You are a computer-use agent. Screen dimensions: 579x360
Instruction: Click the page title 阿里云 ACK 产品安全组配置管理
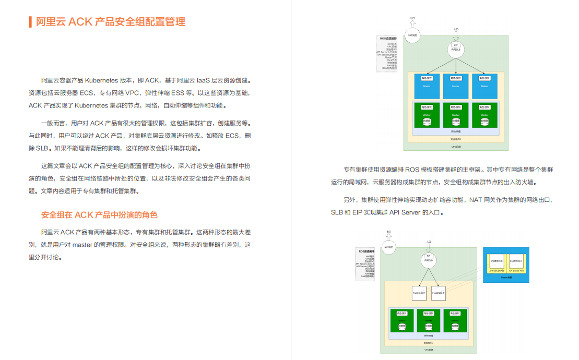pos(110,22)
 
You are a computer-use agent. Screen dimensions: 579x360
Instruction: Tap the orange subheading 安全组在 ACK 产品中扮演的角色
pos(99,215)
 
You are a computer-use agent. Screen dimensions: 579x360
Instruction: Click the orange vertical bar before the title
pos(30,22)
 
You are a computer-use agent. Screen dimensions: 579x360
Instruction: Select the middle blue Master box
pos(455,86)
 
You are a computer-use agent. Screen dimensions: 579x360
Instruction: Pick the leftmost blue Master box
pos(427,86)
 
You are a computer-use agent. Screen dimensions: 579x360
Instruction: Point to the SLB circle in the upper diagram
pos(456,50)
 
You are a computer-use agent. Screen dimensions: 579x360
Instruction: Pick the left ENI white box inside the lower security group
pos(419,293)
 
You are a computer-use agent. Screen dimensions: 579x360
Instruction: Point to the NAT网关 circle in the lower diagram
pos(388,247)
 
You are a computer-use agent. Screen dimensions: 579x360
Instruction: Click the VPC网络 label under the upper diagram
pos(456,147)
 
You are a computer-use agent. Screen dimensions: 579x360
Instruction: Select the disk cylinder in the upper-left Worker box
pos(427,121)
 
